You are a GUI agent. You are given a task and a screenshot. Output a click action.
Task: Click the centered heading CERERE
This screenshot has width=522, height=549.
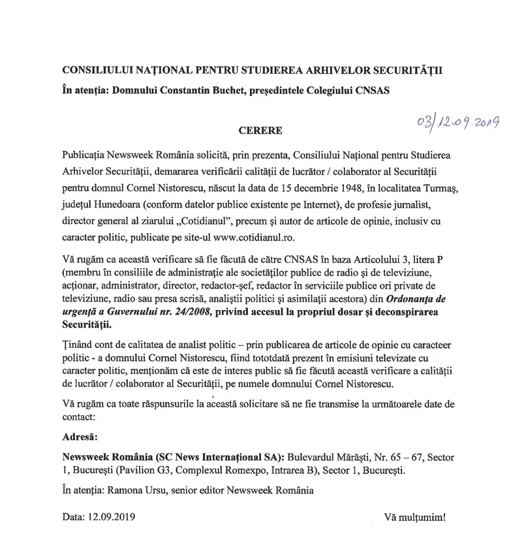[260, 131]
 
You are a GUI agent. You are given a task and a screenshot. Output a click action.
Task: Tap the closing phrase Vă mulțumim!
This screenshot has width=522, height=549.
[416, 519]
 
